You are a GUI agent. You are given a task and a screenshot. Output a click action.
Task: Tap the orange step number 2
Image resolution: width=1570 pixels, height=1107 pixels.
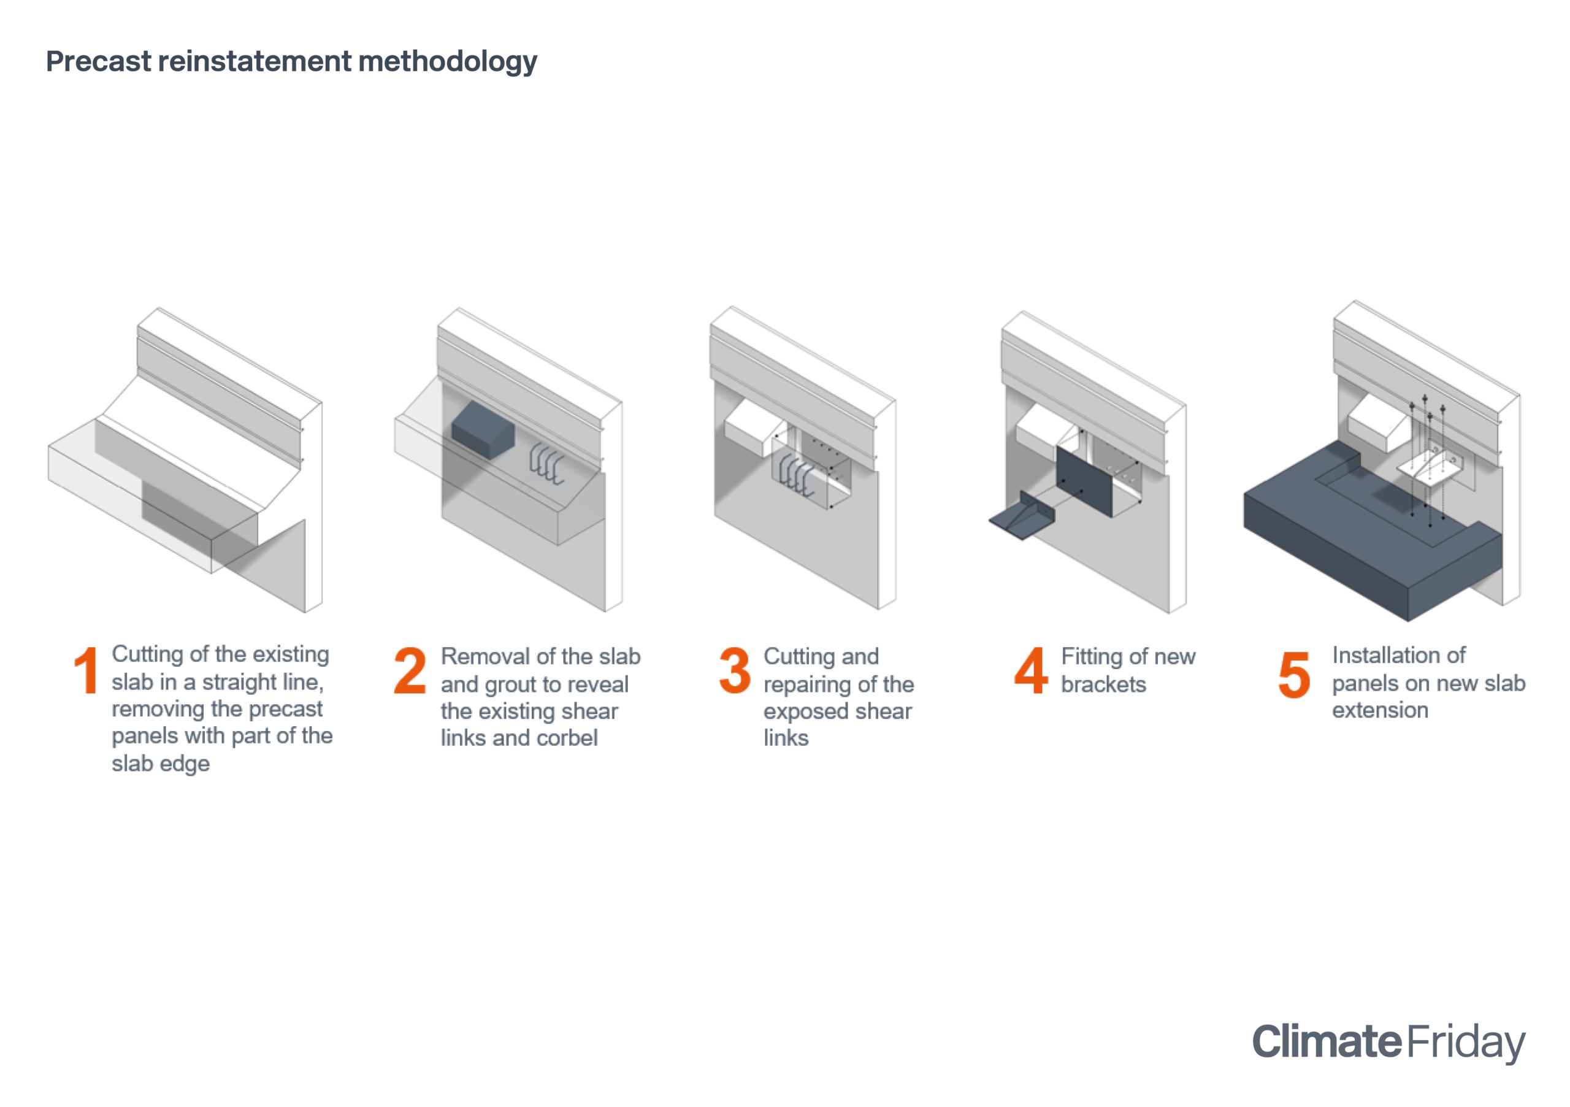(x=410, y=670)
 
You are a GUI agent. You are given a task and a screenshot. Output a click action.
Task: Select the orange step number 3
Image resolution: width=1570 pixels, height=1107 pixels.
(x=735, y=670)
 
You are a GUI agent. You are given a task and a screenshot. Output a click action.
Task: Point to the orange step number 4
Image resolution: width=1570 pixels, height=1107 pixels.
(x=1031, y=670)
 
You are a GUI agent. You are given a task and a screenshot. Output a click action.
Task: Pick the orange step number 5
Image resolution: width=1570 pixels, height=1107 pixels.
(x=1295, y=674)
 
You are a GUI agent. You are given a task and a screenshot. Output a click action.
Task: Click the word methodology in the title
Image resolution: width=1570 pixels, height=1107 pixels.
(x=448, y=62)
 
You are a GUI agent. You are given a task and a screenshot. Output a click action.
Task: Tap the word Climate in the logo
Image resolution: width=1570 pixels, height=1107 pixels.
(x=1327, y=1041)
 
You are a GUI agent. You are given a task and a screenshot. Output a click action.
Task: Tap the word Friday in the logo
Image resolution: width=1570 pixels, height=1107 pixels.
(x=1465, y=1043)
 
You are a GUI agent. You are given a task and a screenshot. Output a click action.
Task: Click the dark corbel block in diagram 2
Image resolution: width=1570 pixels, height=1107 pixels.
(x=483, y=429)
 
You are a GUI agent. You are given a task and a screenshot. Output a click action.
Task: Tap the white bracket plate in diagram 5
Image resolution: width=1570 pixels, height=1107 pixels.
(x=1431, y=466)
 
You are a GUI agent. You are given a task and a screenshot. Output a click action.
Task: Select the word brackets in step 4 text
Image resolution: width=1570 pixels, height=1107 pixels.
(x=1104, y=684)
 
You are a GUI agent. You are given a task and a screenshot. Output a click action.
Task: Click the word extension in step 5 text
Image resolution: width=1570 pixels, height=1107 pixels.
(x=1380, y=710)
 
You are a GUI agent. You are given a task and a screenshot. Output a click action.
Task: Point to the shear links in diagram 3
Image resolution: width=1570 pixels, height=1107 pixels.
(x=797, y=474)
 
